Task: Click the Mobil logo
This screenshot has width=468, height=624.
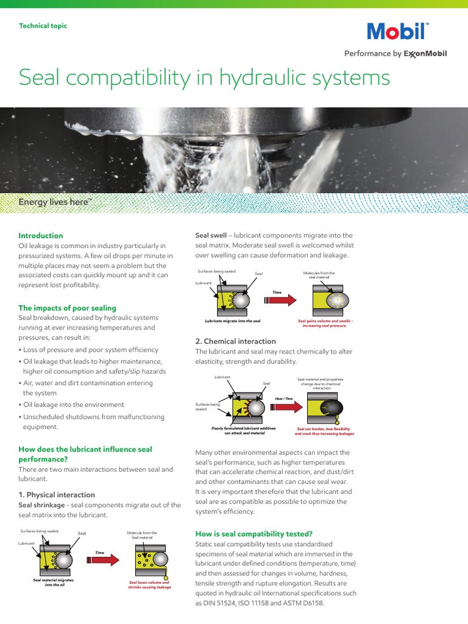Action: point(397,31)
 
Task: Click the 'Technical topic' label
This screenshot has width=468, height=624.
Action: point(43,26)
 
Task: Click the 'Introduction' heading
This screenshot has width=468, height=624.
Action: point(41,236)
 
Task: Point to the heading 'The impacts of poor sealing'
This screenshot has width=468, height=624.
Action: point(67,308)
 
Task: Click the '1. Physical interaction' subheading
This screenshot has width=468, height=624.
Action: point(57,495)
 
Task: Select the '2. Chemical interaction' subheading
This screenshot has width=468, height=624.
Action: point(235,341)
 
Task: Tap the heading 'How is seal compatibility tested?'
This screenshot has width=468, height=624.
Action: point(253,534)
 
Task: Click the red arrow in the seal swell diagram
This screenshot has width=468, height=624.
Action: point(280,299)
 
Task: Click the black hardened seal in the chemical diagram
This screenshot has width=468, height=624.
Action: point(333,407)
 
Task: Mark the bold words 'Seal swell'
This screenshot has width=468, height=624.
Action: point(211,236)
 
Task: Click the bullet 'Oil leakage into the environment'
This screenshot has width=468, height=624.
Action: point(71,405)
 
